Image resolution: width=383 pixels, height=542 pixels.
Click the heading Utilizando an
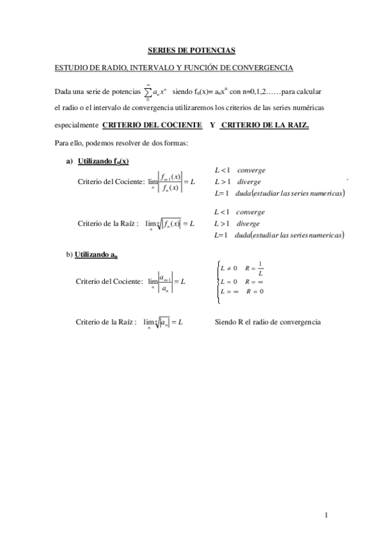pyautogui.click(x=96, y=256)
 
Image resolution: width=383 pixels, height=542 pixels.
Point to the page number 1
pyautogui.click(x=326, y=514)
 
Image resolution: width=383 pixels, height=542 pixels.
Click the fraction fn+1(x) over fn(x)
pyautogui.click(x=172, y=182)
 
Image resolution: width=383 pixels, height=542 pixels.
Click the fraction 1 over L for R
pyautogui.click(x=260, y=271)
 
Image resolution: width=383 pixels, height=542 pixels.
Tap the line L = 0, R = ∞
pyautogui.click(x=242, y=281)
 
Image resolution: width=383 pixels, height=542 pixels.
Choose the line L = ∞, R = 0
pyautogui.click(x=242, y=291)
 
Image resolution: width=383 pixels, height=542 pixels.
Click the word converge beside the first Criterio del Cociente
pyautogui.click(x=251, y=170)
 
